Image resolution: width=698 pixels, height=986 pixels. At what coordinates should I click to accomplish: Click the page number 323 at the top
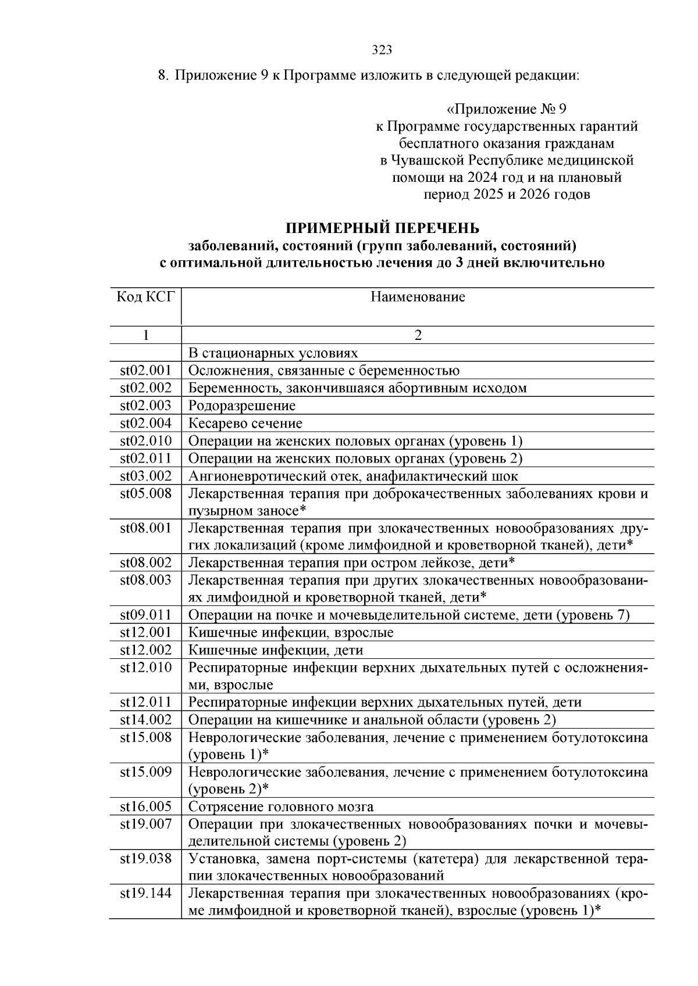382,50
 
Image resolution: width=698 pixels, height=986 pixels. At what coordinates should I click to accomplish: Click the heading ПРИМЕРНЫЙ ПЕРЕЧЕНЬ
382,228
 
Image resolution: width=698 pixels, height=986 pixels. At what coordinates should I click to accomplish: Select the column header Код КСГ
145,297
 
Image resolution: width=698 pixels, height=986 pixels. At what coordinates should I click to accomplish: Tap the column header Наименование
418,297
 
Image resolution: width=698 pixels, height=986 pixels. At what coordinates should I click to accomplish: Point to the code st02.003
145,406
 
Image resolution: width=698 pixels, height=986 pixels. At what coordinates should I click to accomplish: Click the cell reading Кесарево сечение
245,423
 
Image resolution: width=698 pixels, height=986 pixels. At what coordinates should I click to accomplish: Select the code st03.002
145,476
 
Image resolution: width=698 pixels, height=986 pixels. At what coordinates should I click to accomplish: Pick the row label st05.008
145,494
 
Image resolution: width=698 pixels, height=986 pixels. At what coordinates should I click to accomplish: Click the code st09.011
145,615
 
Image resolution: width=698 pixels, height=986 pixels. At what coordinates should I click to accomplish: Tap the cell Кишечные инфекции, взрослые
291,633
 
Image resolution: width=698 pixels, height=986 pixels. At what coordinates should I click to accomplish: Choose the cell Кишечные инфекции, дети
276,650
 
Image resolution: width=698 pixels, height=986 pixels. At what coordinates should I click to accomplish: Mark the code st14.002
145,720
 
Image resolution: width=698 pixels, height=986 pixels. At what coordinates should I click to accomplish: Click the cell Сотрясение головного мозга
281,807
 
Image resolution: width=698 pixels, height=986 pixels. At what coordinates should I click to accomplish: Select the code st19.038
145,859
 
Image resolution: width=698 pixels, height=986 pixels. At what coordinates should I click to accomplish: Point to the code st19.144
145,894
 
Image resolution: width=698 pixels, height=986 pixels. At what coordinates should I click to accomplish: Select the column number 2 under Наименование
418,335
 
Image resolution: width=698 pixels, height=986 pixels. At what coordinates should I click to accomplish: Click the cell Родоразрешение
241,406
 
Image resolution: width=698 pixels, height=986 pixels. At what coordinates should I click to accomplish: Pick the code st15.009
145,772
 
